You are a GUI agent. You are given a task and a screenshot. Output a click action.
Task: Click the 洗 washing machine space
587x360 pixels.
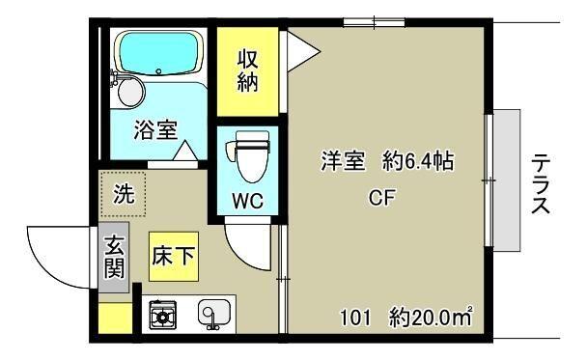[x=125, y=192]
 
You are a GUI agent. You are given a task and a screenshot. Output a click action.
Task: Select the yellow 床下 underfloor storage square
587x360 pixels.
[x=175, y=257]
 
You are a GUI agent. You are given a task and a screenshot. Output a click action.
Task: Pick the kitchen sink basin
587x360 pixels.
[x=212, y=314]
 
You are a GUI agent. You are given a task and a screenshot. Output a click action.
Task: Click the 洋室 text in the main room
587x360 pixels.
[x=343, y=162]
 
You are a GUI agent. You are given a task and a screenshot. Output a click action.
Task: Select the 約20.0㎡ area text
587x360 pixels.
[x=432, y=316]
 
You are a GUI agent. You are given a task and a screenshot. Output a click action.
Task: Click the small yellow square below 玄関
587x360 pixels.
[x=115, y=316]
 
